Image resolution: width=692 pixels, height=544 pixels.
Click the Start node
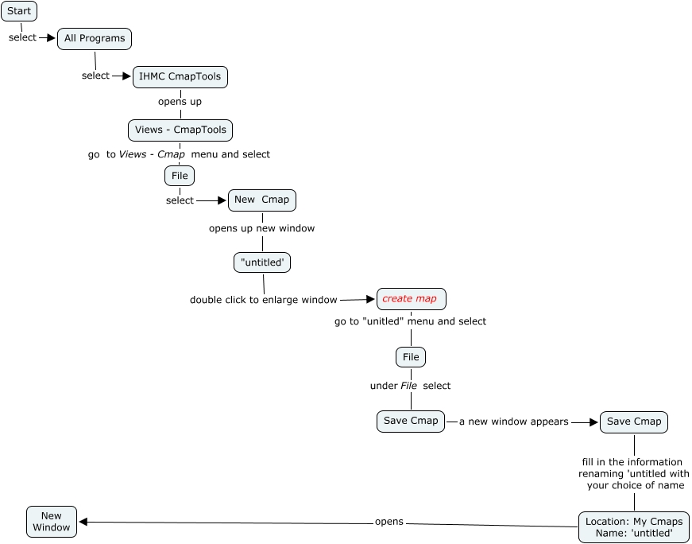click(x=19, y=11)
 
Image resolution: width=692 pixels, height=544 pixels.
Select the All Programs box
click(x=95, y=38)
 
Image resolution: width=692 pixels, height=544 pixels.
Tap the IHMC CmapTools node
click(x=180, y=76)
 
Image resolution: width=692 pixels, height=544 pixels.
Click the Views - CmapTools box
click(x=180, y=130)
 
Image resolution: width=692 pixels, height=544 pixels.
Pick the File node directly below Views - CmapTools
click(x=180, y=175)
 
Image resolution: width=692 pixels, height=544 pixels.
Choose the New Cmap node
click(x=262, y=200)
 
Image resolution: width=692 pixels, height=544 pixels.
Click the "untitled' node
click(x=262, y=262)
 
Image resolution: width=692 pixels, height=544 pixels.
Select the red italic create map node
click(x=411, y=299)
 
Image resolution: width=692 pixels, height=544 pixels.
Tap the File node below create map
click(x=411, y=357)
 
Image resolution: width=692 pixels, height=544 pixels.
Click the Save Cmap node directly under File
click(x=411, y=422)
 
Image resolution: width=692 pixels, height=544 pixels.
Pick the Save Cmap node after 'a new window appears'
click(x=634, y=422)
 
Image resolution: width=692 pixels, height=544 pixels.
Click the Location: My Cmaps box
click(x=634, y=527)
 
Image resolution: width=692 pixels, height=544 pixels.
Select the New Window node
click(x=52, y=521)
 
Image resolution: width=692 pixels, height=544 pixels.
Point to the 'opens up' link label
click(x=180, y=102)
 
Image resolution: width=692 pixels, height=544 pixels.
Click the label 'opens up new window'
click(x=261, y=228)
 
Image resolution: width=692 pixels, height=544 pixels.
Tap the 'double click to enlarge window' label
click(x=263, y=300)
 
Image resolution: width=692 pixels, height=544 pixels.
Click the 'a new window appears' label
click(x=514, y=422)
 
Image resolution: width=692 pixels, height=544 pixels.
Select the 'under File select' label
click(x=410, y=386)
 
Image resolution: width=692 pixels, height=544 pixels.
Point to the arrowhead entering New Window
click(x=83, y=522)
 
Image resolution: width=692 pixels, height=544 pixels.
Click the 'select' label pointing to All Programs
click(x=22, y=37)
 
